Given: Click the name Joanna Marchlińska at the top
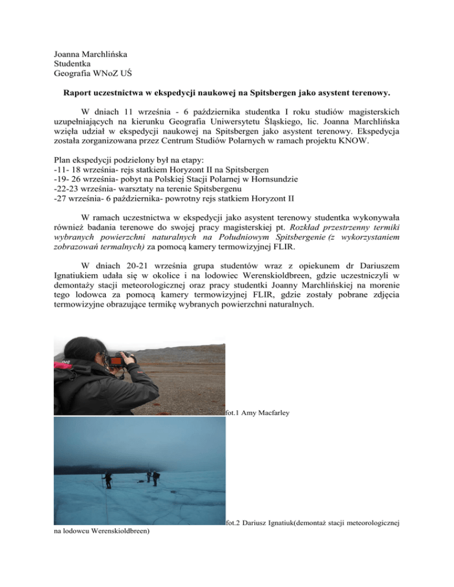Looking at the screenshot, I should click(91, 54).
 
